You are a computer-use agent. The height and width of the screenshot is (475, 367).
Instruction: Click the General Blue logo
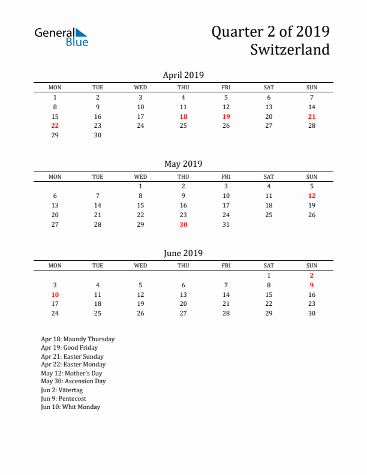[x=61, y=37]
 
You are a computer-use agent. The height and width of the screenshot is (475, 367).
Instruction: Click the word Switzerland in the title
[x=290, y=49]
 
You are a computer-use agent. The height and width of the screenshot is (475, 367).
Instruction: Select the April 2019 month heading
[x=183, y=75]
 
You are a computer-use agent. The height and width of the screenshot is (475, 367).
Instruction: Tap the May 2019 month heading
[x=183, y=164]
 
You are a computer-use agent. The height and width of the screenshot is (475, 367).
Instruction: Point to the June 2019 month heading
[x=183, y=253]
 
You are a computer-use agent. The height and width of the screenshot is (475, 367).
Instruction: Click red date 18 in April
[x=183, y=116]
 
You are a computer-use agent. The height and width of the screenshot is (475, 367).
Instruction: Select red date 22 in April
[x=55, y=125]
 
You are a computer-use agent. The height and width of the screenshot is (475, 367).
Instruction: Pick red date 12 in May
[x=312, y=196]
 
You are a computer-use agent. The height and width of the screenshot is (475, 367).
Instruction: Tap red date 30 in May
[x=183, y=224]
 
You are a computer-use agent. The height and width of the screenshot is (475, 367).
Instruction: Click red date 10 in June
[x=55, y=294]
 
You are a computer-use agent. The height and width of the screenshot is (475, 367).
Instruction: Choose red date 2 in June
[x=312, y=275]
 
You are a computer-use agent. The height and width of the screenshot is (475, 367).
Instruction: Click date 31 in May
[x=226, y=224]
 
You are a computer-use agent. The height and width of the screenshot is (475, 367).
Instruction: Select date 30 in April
[x=98, y=135]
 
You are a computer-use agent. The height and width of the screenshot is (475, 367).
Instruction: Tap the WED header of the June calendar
[x=140, y=266]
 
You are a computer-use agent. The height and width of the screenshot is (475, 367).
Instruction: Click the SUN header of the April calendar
[x=312, y=88]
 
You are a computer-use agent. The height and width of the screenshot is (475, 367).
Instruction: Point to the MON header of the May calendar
[x=55, y=176]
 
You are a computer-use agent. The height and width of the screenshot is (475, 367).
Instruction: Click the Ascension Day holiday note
[x=73, y=381]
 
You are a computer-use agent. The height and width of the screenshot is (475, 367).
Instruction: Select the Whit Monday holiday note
[x=71, y=407]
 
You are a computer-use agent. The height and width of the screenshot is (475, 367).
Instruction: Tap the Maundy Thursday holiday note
[x=77, y=339]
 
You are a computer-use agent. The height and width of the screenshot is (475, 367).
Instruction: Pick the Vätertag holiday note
[x=63, y=390]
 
